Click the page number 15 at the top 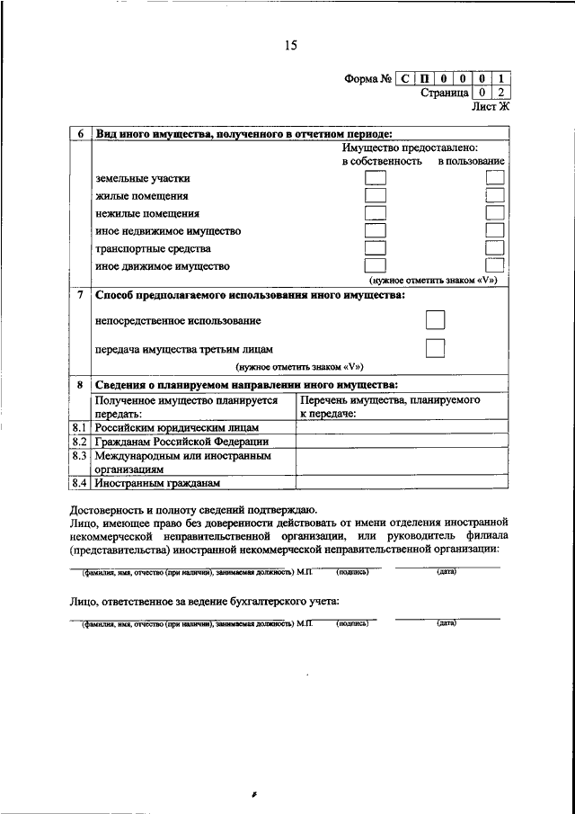pos(290,45)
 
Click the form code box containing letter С pos(406,78)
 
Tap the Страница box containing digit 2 pos(500,92)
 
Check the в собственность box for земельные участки pos(375,178)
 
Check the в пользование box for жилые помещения pos(494,195)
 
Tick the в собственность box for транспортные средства pos(375,248)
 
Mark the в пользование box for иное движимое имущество pos(494,265)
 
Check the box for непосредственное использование pos(436,319)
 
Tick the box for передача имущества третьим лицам pos(436,348)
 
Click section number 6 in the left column pos(80,134)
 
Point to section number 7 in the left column pos(80,295)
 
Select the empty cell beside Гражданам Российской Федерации pos(402,442)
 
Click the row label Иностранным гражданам pos(157,483)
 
